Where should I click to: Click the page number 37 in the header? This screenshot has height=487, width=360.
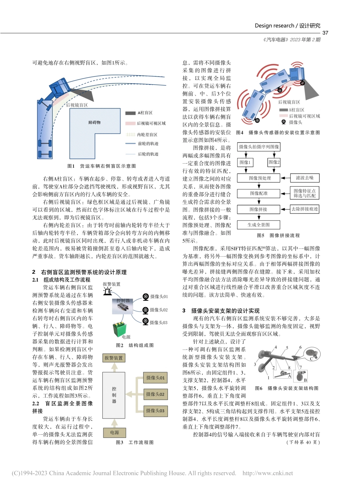[325, 33]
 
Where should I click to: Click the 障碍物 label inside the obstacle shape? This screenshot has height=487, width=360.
[94, 123]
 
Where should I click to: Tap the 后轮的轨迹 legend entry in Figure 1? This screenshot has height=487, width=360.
[147, 154]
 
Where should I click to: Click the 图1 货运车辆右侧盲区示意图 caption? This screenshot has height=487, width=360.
[101, 166]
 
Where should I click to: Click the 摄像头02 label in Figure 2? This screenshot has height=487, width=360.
[158, 310]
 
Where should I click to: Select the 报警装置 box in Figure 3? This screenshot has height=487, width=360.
[114, 357]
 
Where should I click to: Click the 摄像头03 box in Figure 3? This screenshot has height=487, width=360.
[156, 411]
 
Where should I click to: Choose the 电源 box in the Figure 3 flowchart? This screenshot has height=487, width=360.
[114, 432]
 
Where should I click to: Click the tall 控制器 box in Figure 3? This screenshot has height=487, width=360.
[114, 395]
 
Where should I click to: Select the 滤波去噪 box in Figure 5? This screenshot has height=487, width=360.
[304, 178]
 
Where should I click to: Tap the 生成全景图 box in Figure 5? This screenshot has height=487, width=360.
[258, 225]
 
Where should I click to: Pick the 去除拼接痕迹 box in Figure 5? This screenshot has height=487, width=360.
[304, 209]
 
